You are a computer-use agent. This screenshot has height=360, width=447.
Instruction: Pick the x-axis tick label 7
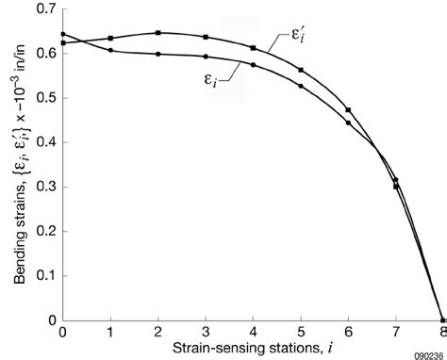tap(395, 333)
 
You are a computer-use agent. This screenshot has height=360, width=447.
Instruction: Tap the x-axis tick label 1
tap(110, 333)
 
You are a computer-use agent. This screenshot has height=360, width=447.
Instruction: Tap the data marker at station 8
tap(442, 319)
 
